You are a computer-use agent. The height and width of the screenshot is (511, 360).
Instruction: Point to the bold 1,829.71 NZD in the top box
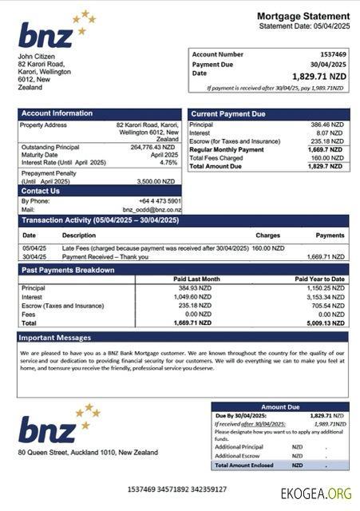[319, 76]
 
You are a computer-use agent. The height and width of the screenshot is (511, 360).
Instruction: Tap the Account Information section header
[57, 113]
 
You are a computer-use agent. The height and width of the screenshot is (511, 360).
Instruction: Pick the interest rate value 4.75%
[168, 162]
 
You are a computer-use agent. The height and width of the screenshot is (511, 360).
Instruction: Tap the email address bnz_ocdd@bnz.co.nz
[152, 209]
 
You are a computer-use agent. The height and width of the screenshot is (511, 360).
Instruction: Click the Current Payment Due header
[228, 114]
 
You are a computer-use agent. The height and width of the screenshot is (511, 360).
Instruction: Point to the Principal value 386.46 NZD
[327, 125]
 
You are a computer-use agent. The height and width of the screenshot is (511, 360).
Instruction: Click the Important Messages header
[56, 338]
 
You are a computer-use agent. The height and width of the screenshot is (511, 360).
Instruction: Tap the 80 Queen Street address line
[88, 453]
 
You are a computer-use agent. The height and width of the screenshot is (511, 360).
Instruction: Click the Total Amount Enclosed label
[245, 465]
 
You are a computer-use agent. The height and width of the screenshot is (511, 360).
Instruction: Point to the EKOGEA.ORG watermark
[316, 493]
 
